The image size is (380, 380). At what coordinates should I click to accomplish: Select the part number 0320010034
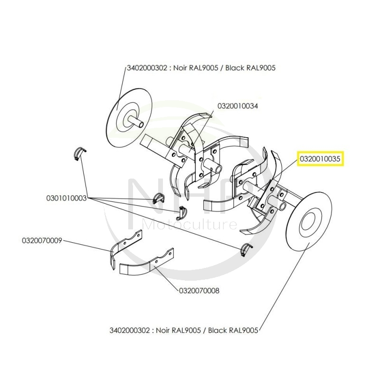(x=237, y=106)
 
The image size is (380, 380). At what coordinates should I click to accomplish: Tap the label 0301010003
(x=66, y=198)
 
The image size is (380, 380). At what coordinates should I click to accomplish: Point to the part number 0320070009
(x=42, y=240)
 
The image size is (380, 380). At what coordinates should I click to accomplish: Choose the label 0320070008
(x=199, y=291)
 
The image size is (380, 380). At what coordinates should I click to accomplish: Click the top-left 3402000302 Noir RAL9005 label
(x=201, y=68)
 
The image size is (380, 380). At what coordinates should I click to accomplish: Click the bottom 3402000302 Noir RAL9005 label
(x=183, y=330)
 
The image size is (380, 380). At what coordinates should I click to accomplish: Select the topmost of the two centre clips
(x=160, y=198)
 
